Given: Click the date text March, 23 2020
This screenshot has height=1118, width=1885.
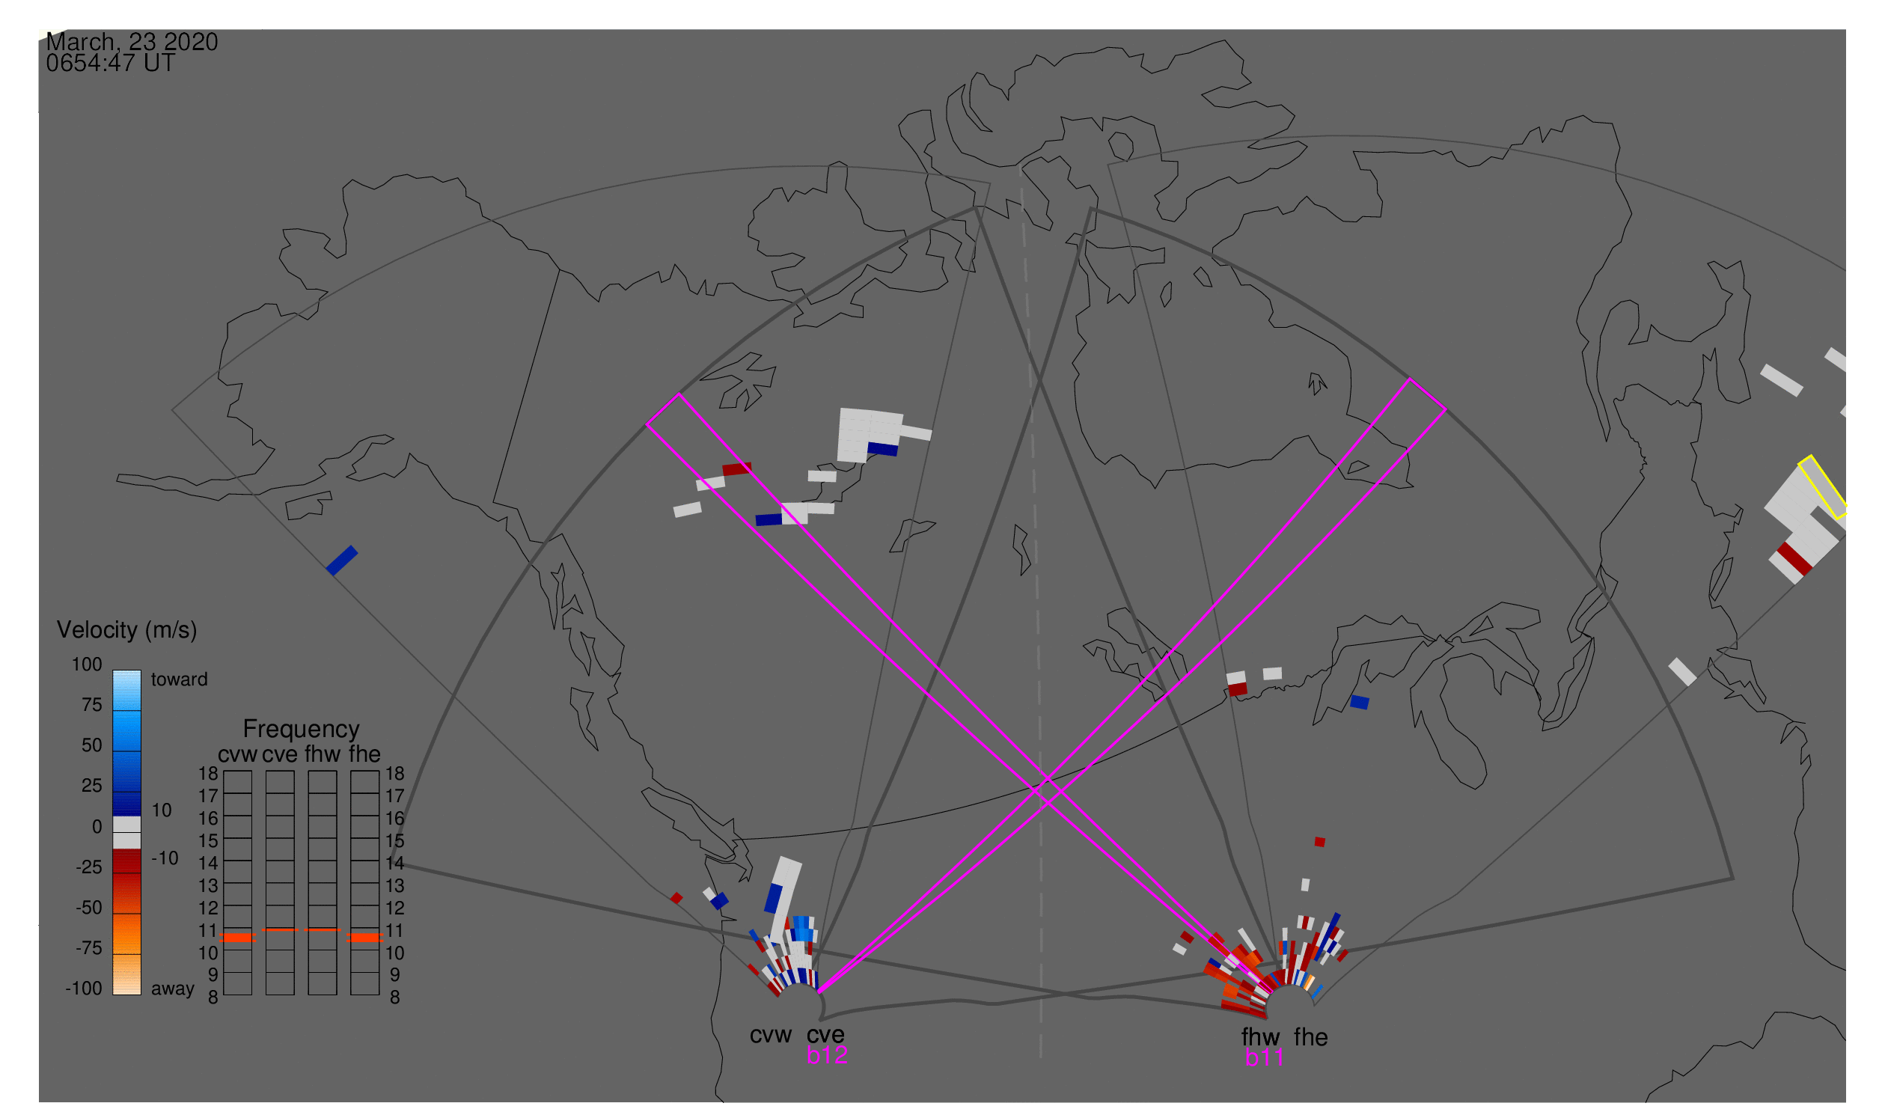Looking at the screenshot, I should point(132,42).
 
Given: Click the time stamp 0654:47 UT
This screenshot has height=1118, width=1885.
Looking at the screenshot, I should point(110,64).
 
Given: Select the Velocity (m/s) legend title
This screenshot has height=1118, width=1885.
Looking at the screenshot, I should point(126,630).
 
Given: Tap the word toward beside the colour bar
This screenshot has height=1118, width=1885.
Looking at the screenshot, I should point(179,679).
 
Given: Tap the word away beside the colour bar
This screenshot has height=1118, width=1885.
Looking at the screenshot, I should point(173,989).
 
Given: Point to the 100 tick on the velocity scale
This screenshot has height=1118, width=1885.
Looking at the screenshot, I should point(87,665).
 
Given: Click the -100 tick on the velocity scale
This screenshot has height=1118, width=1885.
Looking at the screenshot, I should point(84,989).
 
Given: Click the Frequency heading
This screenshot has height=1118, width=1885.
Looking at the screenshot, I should point(301,729).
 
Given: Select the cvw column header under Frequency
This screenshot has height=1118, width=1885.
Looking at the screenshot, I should point(237,754).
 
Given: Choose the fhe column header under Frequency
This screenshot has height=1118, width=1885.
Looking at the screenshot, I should point(364,754).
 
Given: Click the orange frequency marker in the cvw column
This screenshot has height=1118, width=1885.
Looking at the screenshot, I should point(238,938).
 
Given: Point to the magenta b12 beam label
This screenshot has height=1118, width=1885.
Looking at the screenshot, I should point(826,1055).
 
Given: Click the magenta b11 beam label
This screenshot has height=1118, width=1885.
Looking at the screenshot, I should point(1264,1057).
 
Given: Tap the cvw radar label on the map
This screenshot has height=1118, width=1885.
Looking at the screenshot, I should point(770,1035).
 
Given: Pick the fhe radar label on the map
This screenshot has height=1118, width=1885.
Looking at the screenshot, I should point(1311,1037).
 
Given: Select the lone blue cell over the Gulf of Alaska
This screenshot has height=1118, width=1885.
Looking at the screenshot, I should point(342,560).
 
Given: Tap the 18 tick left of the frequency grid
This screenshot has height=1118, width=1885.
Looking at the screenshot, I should point(208,774).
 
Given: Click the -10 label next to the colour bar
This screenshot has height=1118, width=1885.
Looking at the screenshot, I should point(165,858).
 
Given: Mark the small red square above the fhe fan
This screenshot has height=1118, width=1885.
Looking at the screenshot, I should point(1319,843).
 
